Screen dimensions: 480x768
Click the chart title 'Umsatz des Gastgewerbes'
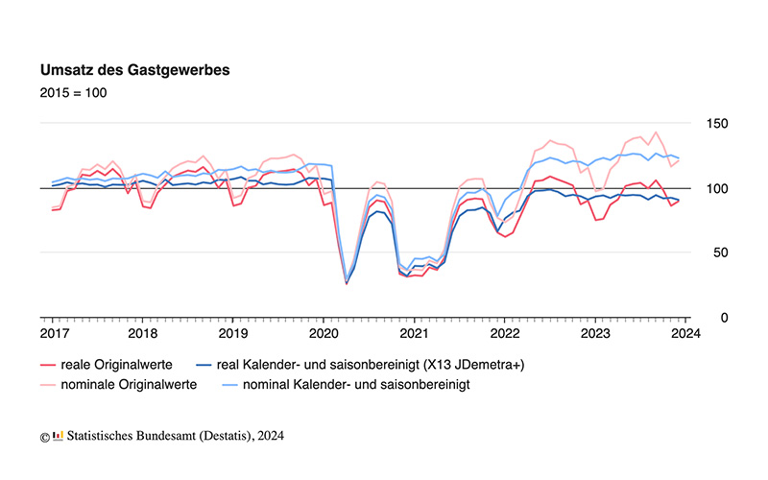coord(134,70)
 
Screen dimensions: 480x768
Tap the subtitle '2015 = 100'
coord(73,93)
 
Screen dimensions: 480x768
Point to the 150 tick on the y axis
coord(716,124)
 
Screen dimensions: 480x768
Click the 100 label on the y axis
coord(716,188)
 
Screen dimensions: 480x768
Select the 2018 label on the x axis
coord(142,334)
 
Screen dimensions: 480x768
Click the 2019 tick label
coord(232,334)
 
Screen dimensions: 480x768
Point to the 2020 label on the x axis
coord(323,334)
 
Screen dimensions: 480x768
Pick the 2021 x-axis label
coord(413,334)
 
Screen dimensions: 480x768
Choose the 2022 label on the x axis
coord(503,334)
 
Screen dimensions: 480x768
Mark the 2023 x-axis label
coord(593,334)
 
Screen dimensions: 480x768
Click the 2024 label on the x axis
coord(684,334)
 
